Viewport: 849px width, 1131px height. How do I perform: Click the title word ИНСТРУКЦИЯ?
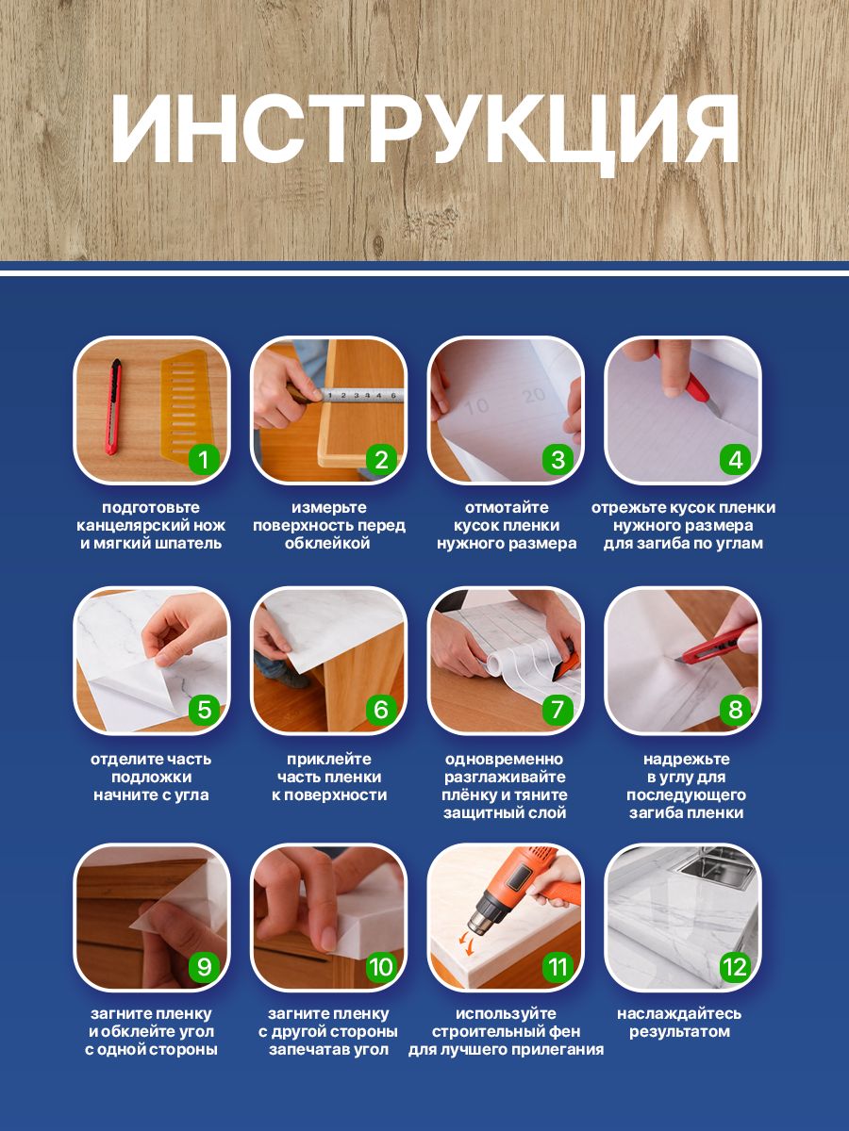(425, 130)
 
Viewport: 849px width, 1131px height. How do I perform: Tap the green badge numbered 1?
(204, 459)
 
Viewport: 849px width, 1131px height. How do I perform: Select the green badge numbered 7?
(558, 710)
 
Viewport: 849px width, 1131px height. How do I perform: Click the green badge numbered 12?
(736, 966)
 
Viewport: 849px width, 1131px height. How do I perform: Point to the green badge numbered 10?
(381, 966)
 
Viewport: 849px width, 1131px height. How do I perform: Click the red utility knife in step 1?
(113, 407)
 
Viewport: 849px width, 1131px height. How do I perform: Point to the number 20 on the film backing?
(534, 395)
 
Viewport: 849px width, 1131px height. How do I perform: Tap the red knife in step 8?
(717, 644)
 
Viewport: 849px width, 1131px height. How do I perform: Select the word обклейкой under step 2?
(327, 543)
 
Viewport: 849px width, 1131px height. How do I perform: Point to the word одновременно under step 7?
(504, 759)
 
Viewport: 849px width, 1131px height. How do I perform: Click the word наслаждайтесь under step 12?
(679, 1014)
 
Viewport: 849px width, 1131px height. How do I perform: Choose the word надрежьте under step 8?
(687, 760)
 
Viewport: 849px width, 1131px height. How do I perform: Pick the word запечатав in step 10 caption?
(304, 1050)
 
